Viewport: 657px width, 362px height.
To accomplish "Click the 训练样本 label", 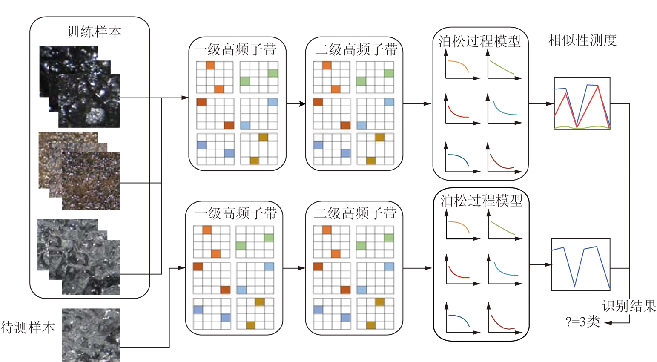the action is (94, 32).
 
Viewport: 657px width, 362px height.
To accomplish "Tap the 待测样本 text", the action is (28, 328).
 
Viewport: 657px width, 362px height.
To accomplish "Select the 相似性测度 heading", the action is (582, 40).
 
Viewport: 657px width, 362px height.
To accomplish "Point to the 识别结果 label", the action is (629, 306).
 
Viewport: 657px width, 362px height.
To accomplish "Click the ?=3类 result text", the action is (582, 322).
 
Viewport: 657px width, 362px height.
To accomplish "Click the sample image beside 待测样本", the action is (91, 335).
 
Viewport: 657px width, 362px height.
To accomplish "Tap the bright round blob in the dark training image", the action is (95, 115).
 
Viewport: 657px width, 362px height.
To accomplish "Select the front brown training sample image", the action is (91, 181).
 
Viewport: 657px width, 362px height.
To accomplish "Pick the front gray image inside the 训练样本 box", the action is (91, 267).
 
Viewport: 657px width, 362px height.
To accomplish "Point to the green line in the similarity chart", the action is (582, 127).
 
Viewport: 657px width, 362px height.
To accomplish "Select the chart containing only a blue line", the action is (581, 264).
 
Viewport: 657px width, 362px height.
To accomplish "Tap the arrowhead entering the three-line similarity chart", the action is (550, 103).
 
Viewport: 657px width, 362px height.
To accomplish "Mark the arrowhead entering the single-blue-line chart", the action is (548, 264).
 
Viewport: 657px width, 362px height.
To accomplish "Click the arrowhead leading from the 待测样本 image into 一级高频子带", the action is (181, 267).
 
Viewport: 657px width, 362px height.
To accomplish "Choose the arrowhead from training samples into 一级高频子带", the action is (185, 98).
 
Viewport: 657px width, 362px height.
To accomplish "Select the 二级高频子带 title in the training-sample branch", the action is (356, 49).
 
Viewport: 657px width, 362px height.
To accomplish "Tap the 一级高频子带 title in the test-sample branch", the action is (235, 213).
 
